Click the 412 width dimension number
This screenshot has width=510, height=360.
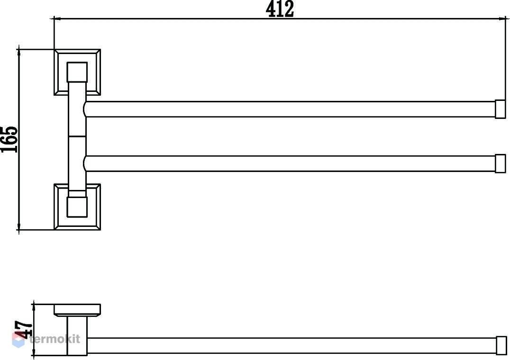280,9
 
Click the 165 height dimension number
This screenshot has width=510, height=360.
9,139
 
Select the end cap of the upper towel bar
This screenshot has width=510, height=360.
500,109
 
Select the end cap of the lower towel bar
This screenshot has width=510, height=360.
500,163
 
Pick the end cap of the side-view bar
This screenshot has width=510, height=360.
501,345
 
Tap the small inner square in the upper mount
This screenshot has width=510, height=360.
77,72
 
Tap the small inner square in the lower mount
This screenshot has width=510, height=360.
77,207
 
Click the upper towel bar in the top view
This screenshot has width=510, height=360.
290,109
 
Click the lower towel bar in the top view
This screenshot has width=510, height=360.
290,163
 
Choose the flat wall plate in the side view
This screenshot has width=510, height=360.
77,310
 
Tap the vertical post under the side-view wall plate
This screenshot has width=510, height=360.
77,336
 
